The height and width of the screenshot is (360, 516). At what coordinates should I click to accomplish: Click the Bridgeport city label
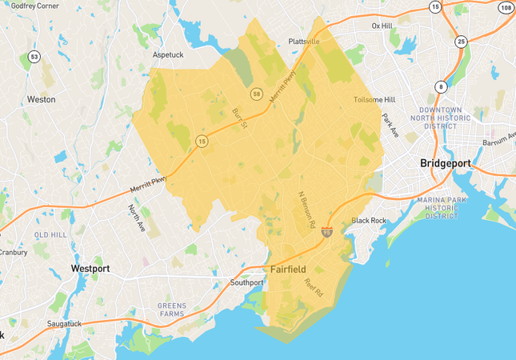(x=446, y=163)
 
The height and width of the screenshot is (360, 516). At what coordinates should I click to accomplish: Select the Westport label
(x=90, y=268)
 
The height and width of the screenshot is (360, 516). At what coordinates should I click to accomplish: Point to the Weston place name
(x=42, y=100)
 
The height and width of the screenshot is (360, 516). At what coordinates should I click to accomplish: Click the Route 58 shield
(x=256, y=94)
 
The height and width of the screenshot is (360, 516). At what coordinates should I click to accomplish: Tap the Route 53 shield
(x=34, y=57)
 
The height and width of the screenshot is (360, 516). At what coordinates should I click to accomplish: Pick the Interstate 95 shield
(x=327, y=233)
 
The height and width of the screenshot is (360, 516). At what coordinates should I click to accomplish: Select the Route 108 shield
(x=506, y=7)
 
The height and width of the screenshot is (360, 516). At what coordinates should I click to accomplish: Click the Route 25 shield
(x=461, y=41)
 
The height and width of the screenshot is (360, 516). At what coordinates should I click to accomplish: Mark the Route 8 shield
(x=441, y=86)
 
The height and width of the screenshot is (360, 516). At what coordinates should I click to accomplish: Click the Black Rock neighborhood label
(x=369, y=220)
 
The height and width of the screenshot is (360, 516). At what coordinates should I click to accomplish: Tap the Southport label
(x=246, y=282)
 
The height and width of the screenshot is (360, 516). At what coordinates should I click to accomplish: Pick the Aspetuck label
(x=168, y=55)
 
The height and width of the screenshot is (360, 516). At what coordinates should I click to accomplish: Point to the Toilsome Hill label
(x=374, y=100)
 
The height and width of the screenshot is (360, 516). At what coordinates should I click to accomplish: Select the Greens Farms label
(x=172, y=310)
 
